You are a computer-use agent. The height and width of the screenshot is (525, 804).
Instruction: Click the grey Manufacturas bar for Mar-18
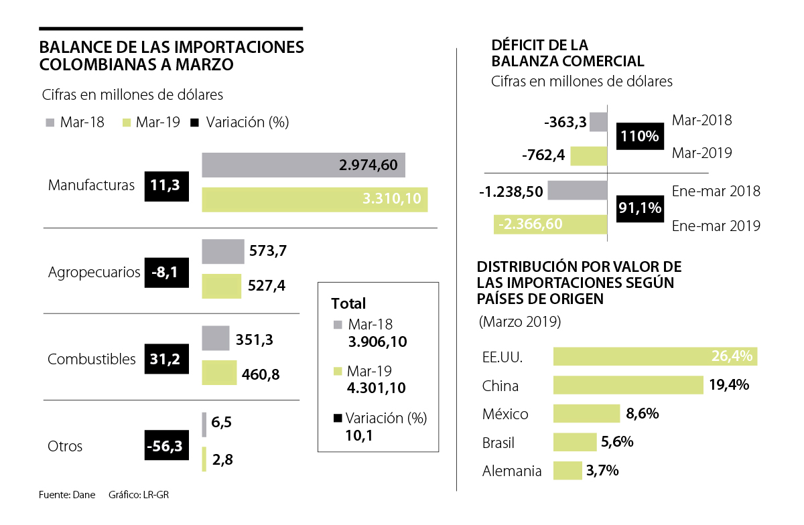click(x=303, y=165)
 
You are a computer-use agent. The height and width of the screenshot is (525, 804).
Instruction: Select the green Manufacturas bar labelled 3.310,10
click(x=314, y=200)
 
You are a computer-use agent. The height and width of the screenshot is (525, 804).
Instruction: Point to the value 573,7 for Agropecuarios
click(x=267, y=252)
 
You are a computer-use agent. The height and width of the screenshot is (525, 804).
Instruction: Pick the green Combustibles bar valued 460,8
click(x=219, y=373)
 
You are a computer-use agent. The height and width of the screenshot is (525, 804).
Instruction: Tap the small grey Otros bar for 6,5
click(x=204, y=425)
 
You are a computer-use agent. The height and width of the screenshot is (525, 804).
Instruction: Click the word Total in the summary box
click(x=348, y=303)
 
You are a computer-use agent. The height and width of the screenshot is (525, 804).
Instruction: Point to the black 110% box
click(x=639, y=136)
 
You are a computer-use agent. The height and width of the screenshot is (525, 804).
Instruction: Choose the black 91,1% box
click(x=639, y=208)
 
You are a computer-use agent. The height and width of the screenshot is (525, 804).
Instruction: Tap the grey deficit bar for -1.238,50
click(x=577, y=190)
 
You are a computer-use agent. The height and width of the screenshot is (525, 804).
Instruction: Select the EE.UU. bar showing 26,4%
click(x=655, y=356)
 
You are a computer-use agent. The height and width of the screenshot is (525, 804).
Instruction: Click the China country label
click(x=500, y=386)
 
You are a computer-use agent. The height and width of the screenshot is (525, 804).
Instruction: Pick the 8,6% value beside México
click(x=642, y=414)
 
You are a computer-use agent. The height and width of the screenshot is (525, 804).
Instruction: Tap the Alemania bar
click(x=567, y=471)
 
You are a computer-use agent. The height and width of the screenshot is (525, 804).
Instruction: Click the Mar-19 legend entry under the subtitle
click(x=151, y=123)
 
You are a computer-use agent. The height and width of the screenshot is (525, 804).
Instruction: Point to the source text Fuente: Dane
click(x=64, y=496)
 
